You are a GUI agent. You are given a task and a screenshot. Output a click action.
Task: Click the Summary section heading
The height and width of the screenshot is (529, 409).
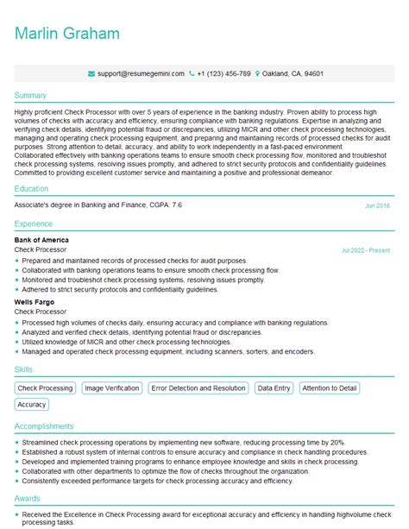(31, 95)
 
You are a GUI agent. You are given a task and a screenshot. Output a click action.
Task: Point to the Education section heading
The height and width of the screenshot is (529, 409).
(33, 188)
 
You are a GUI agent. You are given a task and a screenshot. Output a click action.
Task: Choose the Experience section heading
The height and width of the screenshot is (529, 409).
(35, 223)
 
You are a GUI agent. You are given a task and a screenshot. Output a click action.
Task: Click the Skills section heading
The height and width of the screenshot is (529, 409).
(24, 369)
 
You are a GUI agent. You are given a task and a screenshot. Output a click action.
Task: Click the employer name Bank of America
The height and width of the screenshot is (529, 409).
(42, 240)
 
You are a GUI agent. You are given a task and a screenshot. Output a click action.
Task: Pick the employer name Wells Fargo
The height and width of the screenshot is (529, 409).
(36, 303)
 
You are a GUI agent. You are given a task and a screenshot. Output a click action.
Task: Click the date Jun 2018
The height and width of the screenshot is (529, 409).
(377, 206)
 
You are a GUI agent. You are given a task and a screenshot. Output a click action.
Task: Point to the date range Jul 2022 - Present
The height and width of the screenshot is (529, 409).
(366, 250)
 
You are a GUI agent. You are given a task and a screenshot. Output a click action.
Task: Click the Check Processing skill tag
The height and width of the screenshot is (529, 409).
(46, 388)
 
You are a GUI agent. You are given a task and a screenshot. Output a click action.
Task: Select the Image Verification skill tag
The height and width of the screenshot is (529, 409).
(111, 388)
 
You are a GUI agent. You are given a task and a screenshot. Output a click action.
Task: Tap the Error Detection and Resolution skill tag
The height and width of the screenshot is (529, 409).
(198, 388)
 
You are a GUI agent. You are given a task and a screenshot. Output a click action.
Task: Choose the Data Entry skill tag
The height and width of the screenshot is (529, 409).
(274, 388)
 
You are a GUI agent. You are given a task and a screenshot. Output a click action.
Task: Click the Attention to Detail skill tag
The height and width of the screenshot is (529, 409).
(330, 388)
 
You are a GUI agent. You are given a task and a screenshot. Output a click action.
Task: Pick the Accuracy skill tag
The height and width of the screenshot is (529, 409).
(32, 404)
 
